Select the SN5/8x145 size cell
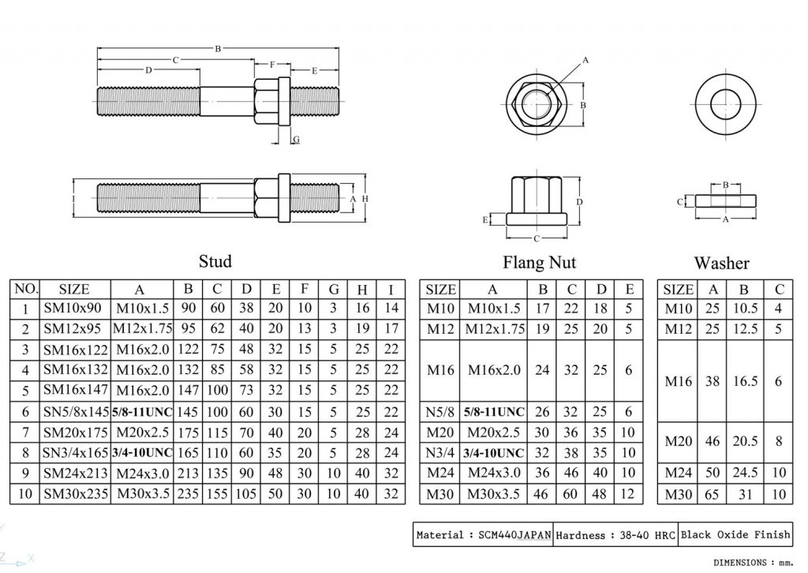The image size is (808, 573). pos(74,412)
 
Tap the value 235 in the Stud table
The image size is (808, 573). pos(188,494)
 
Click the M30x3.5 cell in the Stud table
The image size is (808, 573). pos(142,494)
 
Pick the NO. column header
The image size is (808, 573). pos(25,289)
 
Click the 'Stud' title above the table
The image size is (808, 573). pos(215,261)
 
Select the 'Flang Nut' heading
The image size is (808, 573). pos(539,262)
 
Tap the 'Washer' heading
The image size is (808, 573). pos(721,263)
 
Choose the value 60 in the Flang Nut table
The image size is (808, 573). pos(572,494)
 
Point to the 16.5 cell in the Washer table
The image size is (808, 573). pos(744,381)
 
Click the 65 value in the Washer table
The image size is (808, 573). pos(713,494)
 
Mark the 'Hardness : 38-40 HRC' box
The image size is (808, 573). pos(615,534)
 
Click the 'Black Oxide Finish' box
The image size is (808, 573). pos(735,534)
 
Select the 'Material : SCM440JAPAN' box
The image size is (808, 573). pos(483,534)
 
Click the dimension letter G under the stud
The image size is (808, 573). pos(296,139)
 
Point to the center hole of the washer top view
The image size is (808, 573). pos(724,103)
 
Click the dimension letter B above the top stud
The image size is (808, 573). pos(218,49)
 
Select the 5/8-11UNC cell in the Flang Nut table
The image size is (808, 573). pos(493,412)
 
